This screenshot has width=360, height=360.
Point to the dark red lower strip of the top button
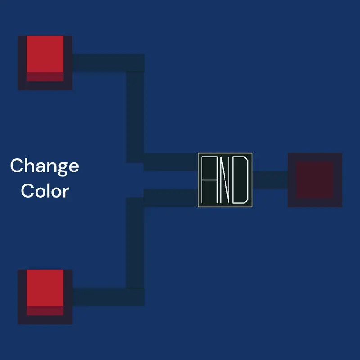(45, 77)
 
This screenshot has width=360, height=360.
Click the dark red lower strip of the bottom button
(45, 311)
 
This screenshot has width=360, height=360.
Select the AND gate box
(225, 180)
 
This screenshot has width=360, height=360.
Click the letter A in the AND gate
(209, 180)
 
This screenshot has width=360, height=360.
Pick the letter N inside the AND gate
(225, 180)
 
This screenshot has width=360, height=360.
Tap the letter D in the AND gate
(240, 180)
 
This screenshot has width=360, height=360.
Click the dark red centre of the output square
(315, 180)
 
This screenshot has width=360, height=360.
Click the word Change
(45, 166)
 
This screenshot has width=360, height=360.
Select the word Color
(45, 190)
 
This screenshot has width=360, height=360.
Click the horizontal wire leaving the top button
(108, 63)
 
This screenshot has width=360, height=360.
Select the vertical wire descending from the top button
(135, 117)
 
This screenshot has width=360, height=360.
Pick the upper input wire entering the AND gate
(171, 162)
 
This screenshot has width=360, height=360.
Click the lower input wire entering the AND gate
(171, 198)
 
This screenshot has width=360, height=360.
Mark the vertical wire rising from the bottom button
(135, 243)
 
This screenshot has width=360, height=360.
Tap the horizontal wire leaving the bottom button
(108, 297)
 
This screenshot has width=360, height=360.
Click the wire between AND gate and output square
(270, 180)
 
